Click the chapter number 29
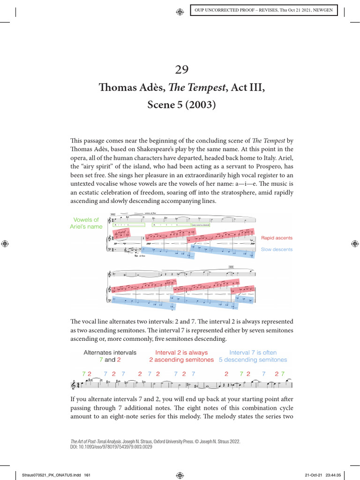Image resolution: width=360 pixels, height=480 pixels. (181, 70)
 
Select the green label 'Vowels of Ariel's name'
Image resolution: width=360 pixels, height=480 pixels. (86, 223)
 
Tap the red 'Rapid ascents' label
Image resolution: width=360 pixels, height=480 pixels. (277, 238)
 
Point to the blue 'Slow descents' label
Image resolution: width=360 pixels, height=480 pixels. (277, 249)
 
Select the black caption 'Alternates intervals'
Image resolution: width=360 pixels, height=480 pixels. (110, 352)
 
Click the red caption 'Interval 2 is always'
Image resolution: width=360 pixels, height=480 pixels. (181, 352)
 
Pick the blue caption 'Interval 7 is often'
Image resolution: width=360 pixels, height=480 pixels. (253, 352)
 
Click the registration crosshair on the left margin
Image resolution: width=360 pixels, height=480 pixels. (5, 244)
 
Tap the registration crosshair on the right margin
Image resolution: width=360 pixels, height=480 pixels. (354, 244)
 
